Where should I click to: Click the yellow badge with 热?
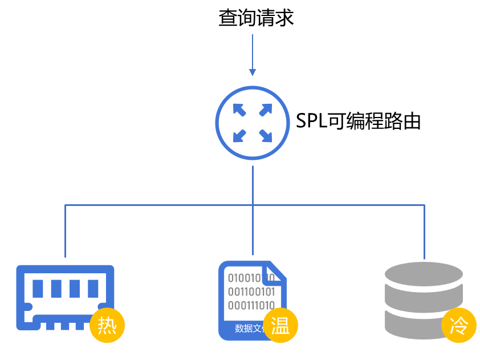click(x=107, y=325)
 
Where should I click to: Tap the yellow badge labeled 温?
click(x=280, y=326)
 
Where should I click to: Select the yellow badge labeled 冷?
click(x=459, y=326)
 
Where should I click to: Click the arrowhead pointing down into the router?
click(x=253, y=72)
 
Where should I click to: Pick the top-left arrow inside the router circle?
click(x=239, y=110)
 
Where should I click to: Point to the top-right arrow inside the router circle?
click(x=266, y=110)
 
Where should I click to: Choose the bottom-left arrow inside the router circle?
click(x=239, y=136)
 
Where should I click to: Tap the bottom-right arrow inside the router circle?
click(x=266, y=136)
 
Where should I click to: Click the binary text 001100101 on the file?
click(x=251, y=292)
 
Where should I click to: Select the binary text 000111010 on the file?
click(x=251, y=305)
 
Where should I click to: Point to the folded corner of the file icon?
click(x=276, y=271)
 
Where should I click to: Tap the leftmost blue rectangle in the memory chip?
click(x=38, y=288)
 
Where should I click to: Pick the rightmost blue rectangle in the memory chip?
click(x=93, y=288)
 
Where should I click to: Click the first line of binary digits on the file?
click(x=251, y=278)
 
